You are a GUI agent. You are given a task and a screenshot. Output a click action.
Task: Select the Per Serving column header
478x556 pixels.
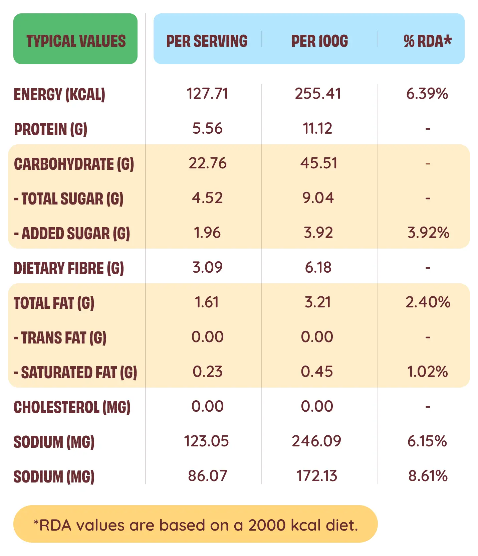tap(207, 41)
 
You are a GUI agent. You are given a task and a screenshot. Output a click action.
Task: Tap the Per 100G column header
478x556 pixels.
tap(319, 41)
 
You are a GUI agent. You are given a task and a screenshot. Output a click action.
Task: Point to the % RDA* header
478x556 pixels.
tap(427, 41)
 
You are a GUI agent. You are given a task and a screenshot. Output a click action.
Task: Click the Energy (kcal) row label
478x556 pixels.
tap(59, 95)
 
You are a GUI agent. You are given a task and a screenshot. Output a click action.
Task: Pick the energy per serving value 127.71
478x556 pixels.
tap(207, 94)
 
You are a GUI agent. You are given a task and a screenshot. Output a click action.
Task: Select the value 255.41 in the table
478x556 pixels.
tap(318, 94)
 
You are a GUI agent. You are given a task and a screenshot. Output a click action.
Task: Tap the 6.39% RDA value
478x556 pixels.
tap(427, 94)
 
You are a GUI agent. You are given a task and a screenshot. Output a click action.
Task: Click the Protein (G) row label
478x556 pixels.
tap(51, 129)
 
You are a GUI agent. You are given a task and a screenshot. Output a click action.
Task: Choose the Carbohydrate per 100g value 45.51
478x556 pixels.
tap(319, 163)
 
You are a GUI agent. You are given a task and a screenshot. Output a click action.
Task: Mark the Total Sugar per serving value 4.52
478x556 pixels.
tap(207, 198)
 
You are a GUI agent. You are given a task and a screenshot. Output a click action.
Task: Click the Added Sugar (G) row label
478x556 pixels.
tap(72, 234)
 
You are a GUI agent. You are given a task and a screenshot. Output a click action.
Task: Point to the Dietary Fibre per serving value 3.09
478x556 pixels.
tap(207, 268)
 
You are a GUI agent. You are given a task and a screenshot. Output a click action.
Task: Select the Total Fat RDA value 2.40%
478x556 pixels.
tap(428, 302)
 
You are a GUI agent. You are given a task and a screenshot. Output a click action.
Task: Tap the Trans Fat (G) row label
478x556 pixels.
tap(60, 338)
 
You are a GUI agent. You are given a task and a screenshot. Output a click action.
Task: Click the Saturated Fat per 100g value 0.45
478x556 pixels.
tap(317, 372)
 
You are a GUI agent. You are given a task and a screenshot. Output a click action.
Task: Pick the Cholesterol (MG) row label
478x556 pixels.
tap(72, 407)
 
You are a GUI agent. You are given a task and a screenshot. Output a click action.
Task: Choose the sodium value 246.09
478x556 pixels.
tap(316, 441)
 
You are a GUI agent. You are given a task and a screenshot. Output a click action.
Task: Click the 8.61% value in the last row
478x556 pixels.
tap(428, 476)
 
